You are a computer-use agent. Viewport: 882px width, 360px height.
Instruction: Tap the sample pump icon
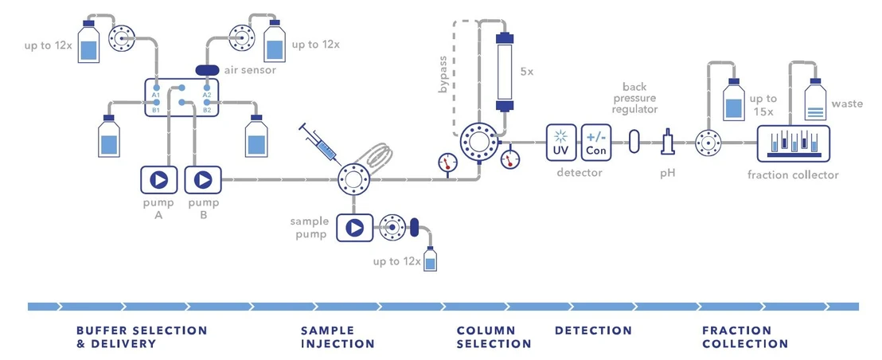(353, 228)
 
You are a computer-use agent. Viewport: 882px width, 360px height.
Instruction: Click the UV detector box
(560, 141)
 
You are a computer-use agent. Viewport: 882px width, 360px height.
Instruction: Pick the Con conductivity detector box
(595, 141)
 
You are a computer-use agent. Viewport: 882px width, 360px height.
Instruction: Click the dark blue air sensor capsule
(213, 70)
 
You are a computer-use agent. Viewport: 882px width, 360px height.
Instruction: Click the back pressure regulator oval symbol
(634, 142)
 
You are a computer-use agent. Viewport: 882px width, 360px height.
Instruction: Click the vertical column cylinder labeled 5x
(504, 71)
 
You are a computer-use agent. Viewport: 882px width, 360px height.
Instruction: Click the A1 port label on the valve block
(156, 94)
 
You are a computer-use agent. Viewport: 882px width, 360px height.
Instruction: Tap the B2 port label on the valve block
(207, 109)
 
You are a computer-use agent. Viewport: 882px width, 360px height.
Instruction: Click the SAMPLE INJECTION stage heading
(338, 337)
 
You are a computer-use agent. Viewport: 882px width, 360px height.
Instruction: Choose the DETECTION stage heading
(593, 330)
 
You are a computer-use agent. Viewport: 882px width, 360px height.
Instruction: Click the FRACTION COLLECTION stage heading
(745, 337)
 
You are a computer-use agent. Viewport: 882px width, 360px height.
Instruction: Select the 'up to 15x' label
(762, 105)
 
